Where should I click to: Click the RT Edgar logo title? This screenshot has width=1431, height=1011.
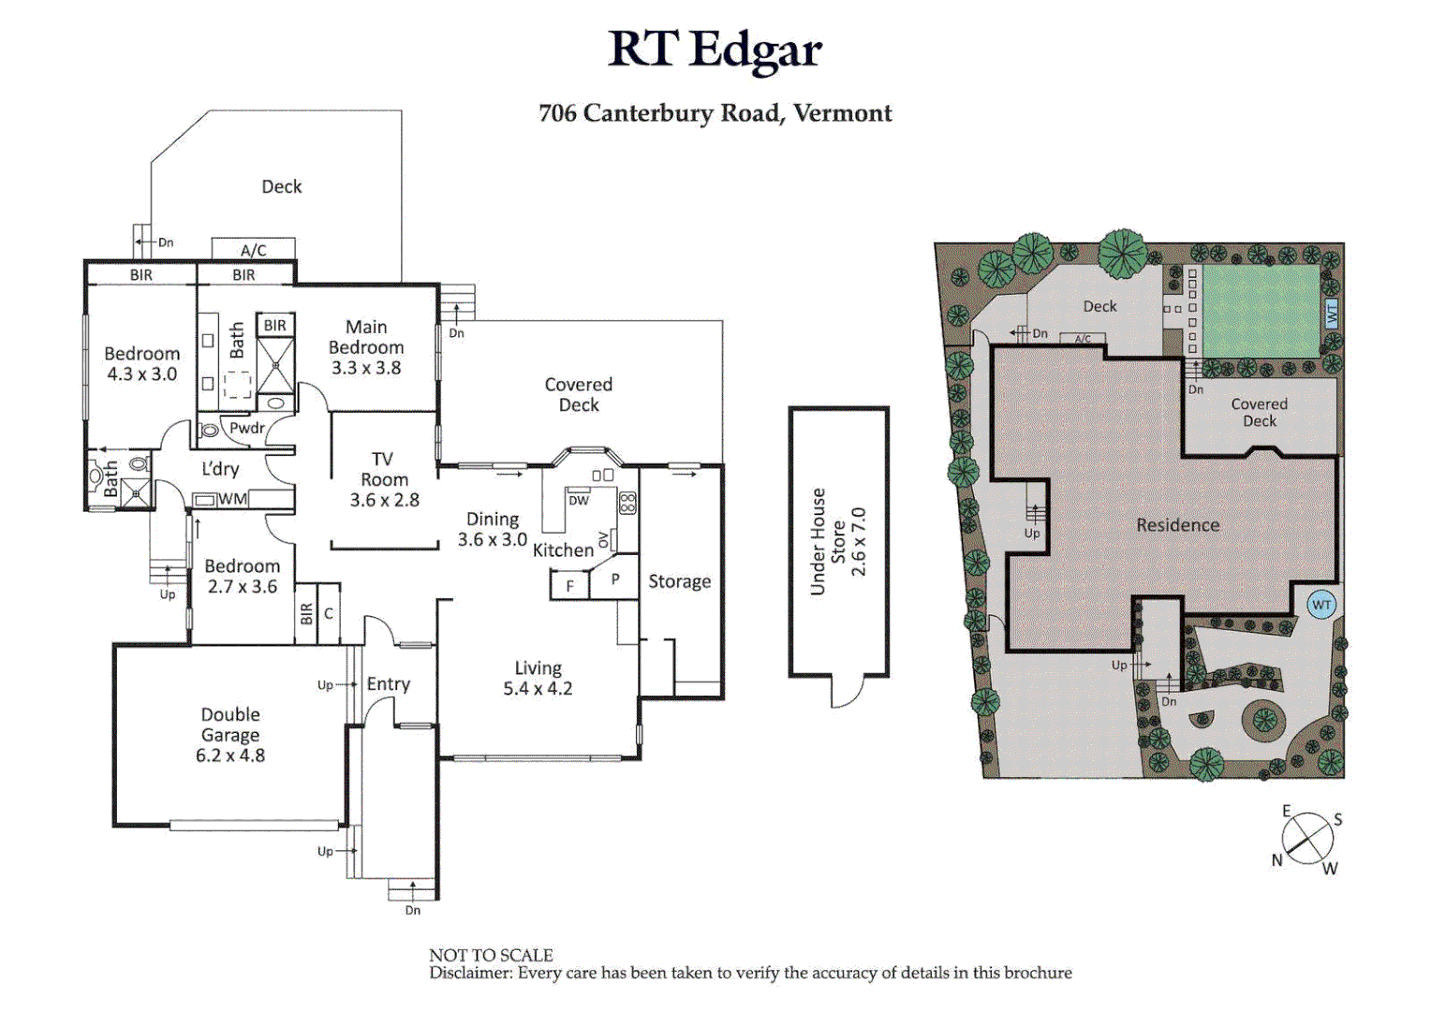point(715,51)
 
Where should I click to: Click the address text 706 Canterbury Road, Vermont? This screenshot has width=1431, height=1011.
point(715,113)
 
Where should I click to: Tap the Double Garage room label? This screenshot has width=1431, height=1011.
point(230,735)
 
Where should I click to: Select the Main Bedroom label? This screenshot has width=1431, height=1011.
point(366,347)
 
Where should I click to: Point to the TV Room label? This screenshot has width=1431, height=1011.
point(384,479)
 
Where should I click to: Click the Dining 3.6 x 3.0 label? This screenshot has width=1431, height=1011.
point(493,530)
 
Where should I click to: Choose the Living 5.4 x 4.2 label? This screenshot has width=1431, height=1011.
point(538,679)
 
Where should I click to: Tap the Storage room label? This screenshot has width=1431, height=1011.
point(679,581)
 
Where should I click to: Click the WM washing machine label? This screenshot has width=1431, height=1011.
point(232,499)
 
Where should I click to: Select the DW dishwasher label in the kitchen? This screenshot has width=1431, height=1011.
point(579,501)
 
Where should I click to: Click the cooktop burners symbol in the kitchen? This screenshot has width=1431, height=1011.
point(627,503)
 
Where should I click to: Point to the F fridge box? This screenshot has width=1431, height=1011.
point(569,586)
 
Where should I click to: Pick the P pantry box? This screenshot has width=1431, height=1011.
point(615,579)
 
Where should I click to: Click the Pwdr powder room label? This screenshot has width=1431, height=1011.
point(247,428)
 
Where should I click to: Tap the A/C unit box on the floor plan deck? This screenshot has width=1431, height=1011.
point(253,249)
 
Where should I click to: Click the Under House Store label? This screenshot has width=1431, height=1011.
point(838,542)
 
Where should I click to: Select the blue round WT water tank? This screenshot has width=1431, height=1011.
point(1320,605)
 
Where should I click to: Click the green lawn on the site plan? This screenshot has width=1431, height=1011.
point(1260,310)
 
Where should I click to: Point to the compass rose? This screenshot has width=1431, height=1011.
point(1307,839)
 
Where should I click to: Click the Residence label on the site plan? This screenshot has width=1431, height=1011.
point(1177,525)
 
